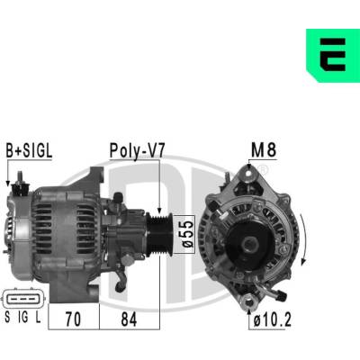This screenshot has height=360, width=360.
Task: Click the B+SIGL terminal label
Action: point(29,151)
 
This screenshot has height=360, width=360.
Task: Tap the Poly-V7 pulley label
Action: point(137,150)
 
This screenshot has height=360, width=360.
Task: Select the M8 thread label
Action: point(264,149)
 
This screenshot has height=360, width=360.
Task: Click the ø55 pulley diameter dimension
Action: point(188,234)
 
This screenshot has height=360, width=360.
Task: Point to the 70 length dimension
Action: point(73,319)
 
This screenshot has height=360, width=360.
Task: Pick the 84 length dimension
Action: point(129,319)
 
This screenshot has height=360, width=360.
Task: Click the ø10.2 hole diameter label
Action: point(272,319)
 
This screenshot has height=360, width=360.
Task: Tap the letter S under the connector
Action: point(7,318)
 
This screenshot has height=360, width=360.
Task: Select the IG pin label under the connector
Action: point(23,318)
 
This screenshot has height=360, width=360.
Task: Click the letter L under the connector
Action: point(38,318)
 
